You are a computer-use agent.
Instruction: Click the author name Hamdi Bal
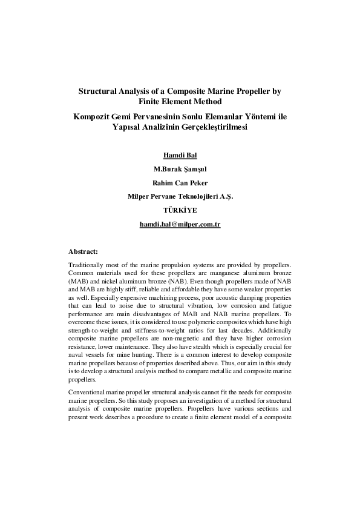(180, 154)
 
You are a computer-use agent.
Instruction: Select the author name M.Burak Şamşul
(180, 168)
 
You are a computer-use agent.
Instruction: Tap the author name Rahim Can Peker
(180, 182)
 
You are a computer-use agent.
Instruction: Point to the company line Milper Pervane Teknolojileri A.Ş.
(180, 196)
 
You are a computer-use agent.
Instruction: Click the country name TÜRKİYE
(180, 210)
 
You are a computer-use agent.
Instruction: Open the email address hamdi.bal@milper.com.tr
(180, 224)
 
